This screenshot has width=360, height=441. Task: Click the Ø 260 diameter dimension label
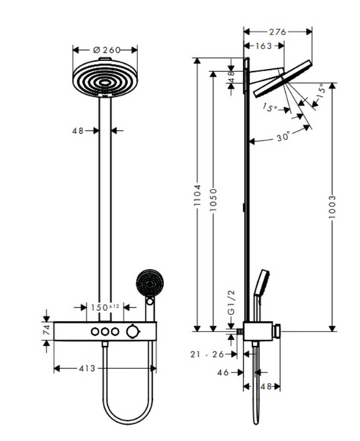coord(107,50)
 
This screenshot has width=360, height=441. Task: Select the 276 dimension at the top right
coord(278,32)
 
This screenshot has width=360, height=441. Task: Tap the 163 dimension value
coord(264,46)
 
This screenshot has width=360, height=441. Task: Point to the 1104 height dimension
coord(198,196)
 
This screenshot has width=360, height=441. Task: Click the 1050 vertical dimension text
coord(214,200)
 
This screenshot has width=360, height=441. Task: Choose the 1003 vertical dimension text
coord(332,207)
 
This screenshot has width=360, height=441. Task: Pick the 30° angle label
coord(283,137)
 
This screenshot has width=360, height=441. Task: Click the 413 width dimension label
coord(87,368)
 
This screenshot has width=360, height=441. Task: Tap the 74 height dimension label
coord(46,329)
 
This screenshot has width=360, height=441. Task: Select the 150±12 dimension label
coord(105,307)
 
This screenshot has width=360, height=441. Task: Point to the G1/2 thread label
coord(231,303)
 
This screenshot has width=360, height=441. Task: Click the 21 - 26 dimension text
coord(207,354)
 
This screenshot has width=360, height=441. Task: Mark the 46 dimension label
coord(223,373)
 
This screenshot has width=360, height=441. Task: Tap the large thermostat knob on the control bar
coord(132,331)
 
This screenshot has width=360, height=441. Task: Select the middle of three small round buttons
coord(105,331)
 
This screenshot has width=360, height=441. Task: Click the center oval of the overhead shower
coord(105,82)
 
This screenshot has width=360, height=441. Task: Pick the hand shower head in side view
coord(262,283)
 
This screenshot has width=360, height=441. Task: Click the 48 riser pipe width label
coord(78,131)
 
